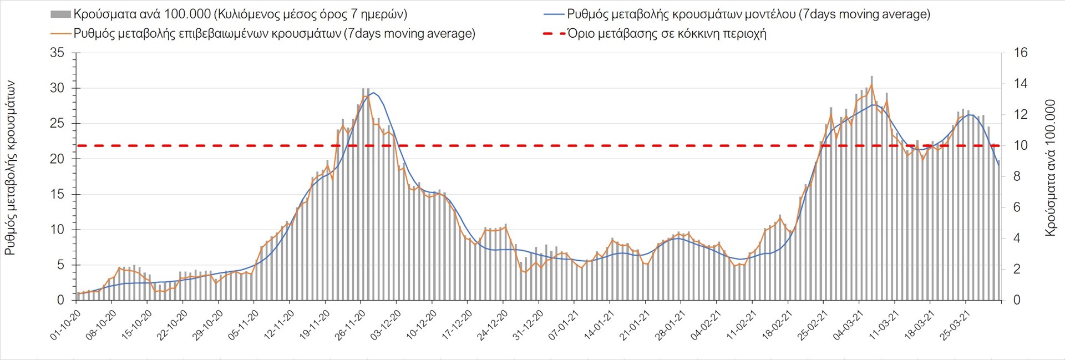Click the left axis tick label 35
click(57, 53)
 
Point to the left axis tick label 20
click(57, 159)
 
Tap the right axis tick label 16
click(1021, 53)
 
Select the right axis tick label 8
click(1017, 177)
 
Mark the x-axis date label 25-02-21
click(814, 325)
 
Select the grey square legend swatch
click(60, 14)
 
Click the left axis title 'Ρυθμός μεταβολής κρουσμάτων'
click(10, 168)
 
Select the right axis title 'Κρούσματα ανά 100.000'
click(1050, 168)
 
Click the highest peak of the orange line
click(871, 84)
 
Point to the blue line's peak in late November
click(373, 93)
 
